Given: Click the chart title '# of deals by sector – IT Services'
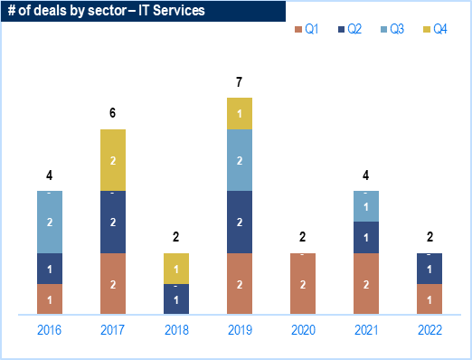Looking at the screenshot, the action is pyautogui.click(x=106, y=11).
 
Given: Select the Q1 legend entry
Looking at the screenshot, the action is pyautogui.click(x=307, y=29).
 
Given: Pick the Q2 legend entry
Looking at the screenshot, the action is pyautogui.click(x=350, y=29).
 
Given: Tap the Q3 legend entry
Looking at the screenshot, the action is pyautogui.click(x=392, y=29).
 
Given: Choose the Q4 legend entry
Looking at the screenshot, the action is pyautogui.click(x=435, y=29).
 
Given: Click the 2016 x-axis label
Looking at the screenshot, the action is pyautogui.click(x=49, y=330).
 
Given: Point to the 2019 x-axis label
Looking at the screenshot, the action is pyautogui.click(x=240, y=330).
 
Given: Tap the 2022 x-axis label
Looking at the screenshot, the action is pyautogui.click(x=430, y=330).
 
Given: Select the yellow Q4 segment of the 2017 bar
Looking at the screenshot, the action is pyautogui.click(x=113, y=160).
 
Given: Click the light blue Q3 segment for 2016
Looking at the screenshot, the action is pyautogui.click(x=50, y=222).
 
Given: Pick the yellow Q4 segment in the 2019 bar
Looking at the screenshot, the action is pyautogui.click(x=240, y=114).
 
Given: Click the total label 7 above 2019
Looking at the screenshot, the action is pyautogui.click(x=239, y=82).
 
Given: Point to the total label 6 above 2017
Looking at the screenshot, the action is pyautogui.click(x=112, y=113).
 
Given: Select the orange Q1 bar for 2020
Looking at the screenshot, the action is pyautogui.click(x=303, y=284).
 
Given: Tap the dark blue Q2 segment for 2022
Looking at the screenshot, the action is pyautogui.click(x=430, y=269).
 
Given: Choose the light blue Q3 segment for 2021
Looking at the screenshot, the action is pyautogui.click(x=366, y=206).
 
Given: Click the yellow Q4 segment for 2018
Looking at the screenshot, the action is pyautogui.click(x=176, y=269).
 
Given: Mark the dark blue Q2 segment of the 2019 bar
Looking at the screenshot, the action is pyautogui.click(x=240, y=222).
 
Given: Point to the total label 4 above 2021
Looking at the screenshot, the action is pyautogui.click(x=365, y=175).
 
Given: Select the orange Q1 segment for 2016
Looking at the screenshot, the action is pyautogui.click(x=50, y=299).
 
